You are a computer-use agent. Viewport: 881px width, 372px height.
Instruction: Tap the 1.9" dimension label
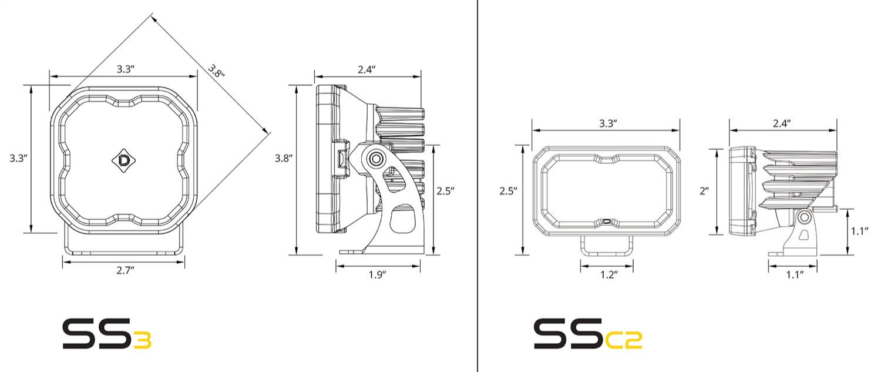click(x=377, y=274)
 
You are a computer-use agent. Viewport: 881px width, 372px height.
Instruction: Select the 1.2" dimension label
click(x=609, y=274)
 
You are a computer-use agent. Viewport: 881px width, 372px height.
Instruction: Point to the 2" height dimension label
click(x=704, y=191)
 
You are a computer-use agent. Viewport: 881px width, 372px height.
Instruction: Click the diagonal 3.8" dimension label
click(x=216, y=71)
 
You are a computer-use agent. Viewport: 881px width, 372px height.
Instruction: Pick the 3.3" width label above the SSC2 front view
click(x=608, y=123)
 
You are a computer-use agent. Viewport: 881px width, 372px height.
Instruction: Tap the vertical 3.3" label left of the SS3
click(x=18, y=158)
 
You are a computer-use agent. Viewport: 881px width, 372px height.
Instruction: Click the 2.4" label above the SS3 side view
click(x=366, y=70)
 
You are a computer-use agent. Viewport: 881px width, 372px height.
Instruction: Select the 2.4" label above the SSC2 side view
click(x=782, y=123)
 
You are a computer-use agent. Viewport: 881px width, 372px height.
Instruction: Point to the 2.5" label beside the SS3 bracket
click(x=446, y=191)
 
